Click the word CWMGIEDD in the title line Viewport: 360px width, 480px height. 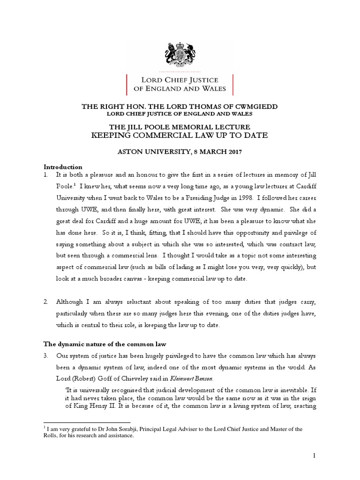pos(254,106)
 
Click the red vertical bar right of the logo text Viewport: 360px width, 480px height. pos(233,84)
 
